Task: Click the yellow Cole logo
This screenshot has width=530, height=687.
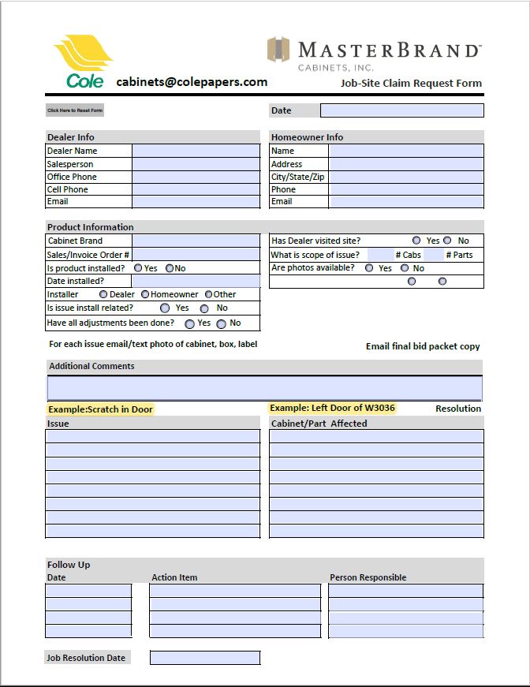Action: pyautogui.click(x=83, y=61)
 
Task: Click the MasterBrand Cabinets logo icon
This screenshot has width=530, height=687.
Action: pyautogui.click(x=278, y=50)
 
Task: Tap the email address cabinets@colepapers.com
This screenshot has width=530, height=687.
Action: pyautogui.click(x=192, y=81)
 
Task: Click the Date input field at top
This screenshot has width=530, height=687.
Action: pyautogui.click(x=401, y=110)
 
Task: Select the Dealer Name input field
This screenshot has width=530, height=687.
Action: pyautogui.click(x=196, y=151)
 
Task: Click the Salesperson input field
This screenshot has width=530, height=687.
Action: pyautogui.click(x=196, y=164)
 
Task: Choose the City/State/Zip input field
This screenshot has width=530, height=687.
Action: pyautogui.click(x=405, y=177)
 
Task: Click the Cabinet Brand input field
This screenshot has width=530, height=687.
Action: pyautogui.click(x=196, y=241)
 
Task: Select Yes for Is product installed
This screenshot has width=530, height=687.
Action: pyautogui.click(x=139, y=268)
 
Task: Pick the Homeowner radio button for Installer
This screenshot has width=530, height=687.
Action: pyautogui.click(x=145, y=294)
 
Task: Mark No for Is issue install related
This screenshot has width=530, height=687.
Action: pyautogui.click(x=204, y=308)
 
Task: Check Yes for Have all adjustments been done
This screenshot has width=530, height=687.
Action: pyautogui.click(x=190, y=323)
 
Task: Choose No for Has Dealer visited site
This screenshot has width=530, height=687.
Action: pyautogui.click(x=448, y=241)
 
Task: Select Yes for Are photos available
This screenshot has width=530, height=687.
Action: pyautogui.click(x=369, y=268)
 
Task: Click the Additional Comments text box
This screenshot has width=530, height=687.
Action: pyautogui.click(x=264, y=388)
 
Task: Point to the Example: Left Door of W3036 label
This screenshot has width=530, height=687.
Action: pyautogui.click(x=332, y=408)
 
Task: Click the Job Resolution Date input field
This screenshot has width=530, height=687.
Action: pyautogui.click(x=204, y=658)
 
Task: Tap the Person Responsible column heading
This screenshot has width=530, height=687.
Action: pyautogui.click(x=368, y=577)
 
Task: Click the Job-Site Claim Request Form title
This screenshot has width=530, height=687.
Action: pyautogui.click(x=411, y=83)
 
